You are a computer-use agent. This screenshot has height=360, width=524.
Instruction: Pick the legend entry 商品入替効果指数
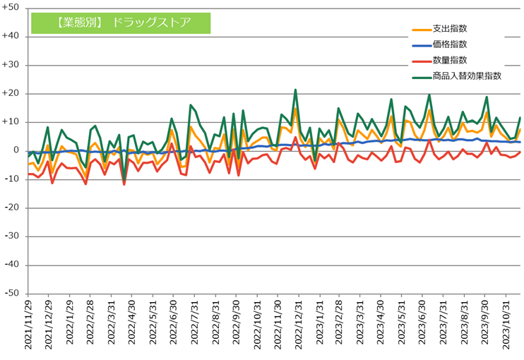click(467, 76)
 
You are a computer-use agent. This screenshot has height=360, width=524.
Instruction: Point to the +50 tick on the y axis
click(11, 8)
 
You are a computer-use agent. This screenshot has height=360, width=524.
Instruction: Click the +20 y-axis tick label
click(11, 93)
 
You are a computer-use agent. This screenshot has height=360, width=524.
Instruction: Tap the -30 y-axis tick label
click(11, 236)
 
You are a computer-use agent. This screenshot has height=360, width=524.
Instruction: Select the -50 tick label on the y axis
click(11, 293)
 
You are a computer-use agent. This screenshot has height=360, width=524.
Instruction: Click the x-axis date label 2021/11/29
click(29, 326)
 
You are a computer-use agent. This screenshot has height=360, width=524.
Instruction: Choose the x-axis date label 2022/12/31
click(299, 326)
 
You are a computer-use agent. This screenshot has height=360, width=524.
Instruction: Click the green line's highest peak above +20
click(295, 90)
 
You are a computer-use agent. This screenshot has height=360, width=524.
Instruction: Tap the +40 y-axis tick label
click(11, 36)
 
